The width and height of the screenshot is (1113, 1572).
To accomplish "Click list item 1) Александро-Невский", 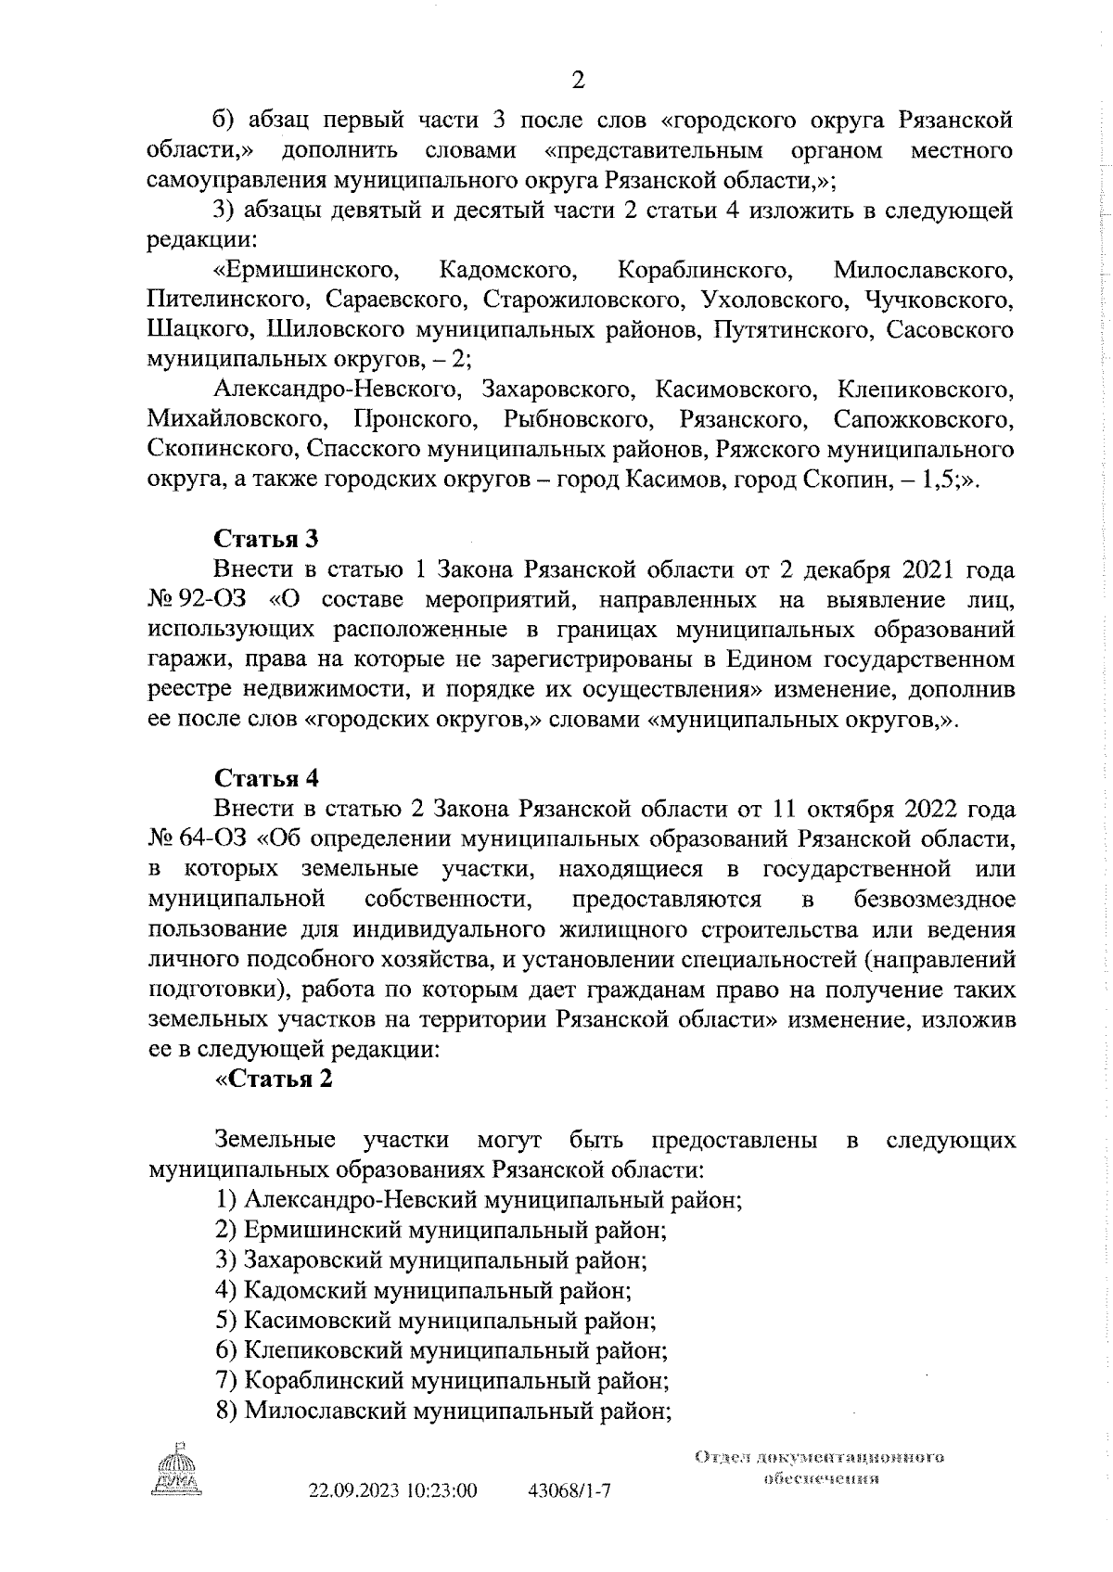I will [478, 1200].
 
